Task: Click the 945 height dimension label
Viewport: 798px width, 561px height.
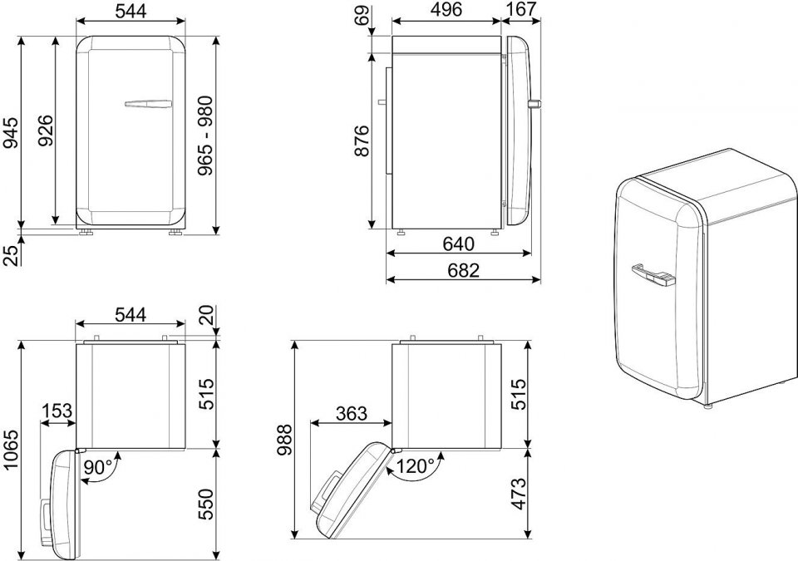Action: [x=11, y=133]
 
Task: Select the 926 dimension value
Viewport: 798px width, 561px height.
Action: [x=45, y=130]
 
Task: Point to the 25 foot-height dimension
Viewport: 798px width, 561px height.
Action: [x=11, y=254]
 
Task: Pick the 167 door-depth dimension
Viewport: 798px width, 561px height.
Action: [x=522, y=9]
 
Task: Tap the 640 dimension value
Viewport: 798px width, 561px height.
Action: [x=458, y=244]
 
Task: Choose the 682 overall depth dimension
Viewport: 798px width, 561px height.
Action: [x=464, y=270]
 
